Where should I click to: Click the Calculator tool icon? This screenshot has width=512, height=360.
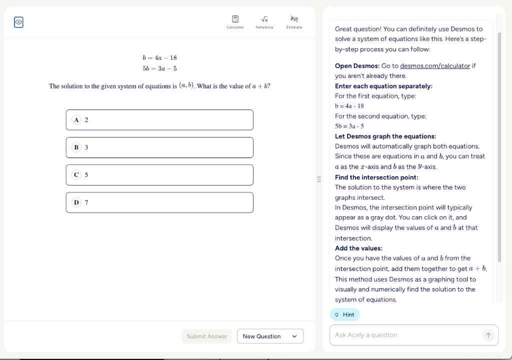[235, 19]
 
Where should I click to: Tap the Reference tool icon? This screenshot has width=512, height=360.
[264, 19]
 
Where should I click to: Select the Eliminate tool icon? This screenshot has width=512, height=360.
[294, 19]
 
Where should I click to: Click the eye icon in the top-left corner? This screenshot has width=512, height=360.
[18, 22]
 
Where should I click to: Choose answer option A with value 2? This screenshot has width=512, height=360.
[159, 120]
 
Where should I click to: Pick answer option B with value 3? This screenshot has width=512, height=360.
[159, 147]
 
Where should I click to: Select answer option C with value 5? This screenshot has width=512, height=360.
[159, 175]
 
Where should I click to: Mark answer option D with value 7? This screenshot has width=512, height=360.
[159, 202]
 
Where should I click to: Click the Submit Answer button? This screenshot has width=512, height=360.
[207, 336]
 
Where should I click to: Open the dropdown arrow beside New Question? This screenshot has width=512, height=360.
[294, 336]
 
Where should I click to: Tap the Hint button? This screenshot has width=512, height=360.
[345, 314]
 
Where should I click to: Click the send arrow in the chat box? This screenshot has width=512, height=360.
[488, 335]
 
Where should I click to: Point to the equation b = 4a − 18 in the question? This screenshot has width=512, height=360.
[159, 58]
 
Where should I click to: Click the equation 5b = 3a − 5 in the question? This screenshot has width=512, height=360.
[159, 68]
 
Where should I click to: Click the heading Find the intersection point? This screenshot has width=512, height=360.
[376, 177]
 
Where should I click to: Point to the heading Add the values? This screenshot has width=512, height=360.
[358, 248]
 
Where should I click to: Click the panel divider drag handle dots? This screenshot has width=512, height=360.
[319, 178]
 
